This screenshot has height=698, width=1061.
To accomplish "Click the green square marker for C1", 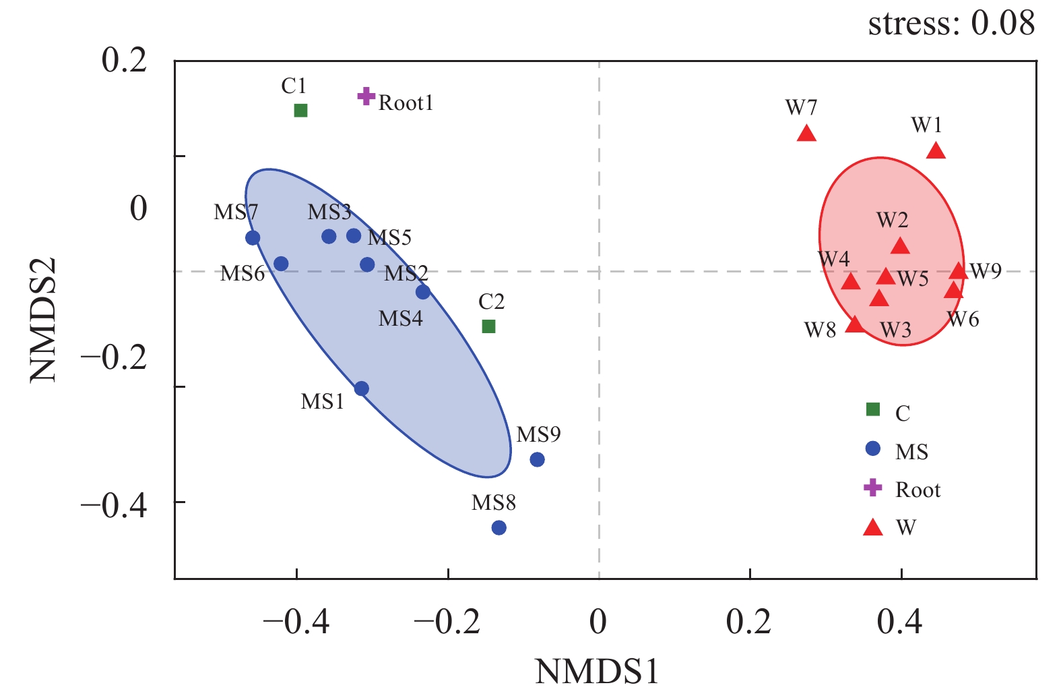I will pyautogui.click(x=300, y=110).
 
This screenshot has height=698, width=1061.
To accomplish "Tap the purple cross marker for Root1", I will pyautogui.click(x=366, y=96).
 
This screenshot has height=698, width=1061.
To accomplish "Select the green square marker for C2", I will pyautogui.click(x=489, y=326).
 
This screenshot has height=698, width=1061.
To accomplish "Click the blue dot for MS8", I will pyautogui.click(x=499, y=527).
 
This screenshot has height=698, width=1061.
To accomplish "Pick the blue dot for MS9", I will pyautogui.click(x=537, y=460).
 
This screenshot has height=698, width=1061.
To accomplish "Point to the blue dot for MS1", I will pyautogui.click(x=362, y=388).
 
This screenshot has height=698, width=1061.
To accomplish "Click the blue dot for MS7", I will pyautogui.click(x=253, y=237).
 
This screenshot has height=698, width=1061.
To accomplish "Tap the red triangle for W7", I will pyautogui.click(x=806, y=134).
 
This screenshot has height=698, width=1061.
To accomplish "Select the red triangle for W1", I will pyautogui.click(x=936, y=151).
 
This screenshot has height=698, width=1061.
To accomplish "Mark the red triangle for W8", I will pyautogui.click(x=855, y=324).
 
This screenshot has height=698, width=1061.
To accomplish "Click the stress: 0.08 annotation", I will pyautogui.click(x=951, y=24).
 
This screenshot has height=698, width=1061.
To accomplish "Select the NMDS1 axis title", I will pyautogui.click(x=597, y=672).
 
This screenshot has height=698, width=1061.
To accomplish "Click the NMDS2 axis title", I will pyautogui.click(x=44, y=320).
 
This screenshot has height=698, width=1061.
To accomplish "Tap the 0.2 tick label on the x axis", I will pyautogui.click(x=749, y=621).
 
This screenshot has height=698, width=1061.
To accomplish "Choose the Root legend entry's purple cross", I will pyautogui.click(x=873, y=488).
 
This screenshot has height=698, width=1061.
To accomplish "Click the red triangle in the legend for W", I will pyautogui.click(x=873, y=528).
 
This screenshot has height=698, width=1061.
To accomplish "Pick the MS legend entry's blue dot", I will pyautogui.click(x=873, y=448).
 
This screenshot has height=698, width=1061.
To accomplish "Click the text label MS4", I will pyautogui.click(x=401, y=318).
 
